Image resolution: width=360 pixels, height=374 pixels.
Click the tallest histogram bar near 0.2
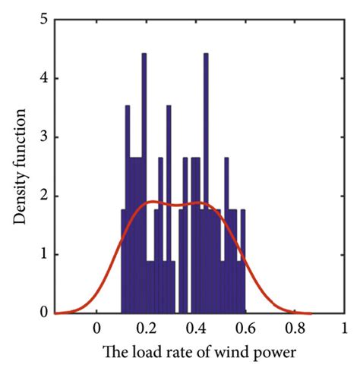click(144, 182)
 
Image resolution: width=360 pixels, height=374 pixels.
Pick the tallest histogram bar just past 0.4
click(205, 182)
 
